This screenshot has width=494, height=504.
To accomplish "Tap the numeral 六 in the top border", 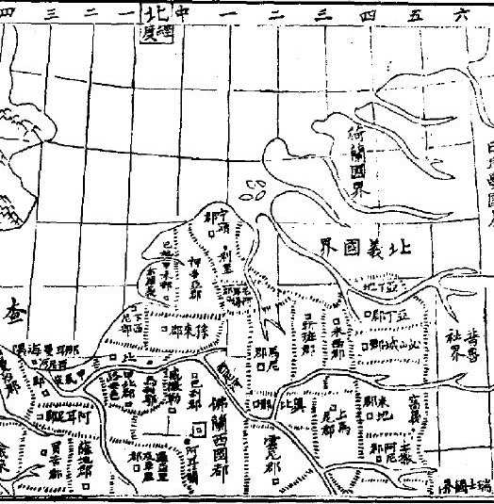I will [461, 11].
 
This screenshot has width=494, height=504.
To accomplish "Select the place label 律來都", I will [191, 329].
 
